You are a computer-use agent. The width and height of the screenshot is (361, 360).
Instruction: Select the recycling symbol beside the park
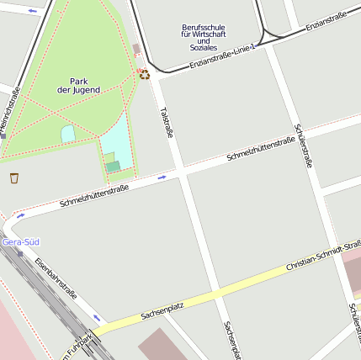pos(145,74)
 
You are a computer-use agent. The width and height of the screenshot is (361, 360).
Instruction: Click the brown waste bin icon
pos(14,177)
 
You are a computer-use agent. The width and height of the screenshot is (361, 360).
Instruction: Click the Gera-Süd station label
pos(20,242)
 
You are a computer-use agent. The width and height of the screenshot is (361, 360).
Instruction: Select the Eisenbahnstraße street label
pos(56,278)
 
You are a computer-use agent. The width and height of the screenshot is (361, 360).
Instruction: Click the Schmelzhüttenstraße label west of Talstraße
pos(93,197)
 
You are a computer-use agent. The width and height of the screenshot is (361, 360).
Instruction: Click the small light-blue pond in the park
pos(68,134)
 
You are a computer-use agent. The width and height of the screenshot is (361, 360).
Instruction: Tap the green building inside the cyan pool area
pos(113,167)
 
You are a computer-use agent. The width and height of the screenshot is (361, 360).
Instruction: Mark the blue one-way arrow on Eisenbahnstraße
pos(97,318)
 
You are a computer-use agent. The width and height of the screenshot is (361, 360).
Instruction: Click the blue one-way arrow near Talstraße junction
pos(162,177)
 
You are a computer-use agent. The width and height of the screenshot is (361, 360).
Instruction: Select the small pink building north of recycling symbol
pos(136,50)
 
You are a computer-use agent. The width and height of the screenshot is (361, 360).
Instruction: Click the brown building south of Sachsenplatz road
pos(165,345)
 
